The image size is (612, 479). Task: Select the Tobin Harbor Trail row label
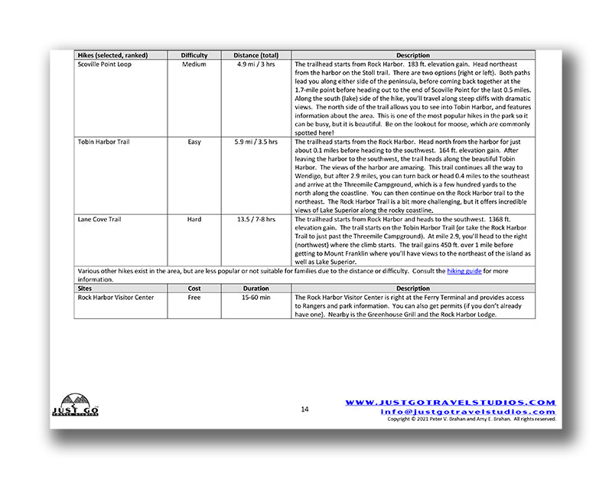pyautogui.click(x=104, y=142)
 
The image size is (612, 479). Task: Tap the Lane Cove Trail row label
pyautogui.click(x=99, y=220)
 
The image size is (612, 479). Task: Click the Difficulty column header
pyautogui.click(x=194, y=55)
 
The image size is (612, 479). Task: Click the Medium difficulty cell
pyautogui.click(x=194, y=64)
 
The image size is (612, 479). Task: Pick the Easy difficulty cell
pyautogui.click(x=194, y=142)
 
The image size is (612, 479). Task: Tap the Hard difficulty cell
pyautogui.click(x=194, y=220)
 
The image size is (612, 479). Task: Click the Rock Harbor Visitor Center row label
pyautogui.click(x=114, y=298)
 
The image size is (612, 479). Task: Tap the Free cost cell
pyautogui.click(x=194, y=298)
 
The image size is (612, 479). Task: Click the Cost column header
pyautogui.click(x=194, y=288)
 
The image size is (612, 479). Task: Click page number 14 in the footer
pyautogui.click(x=304, y=409)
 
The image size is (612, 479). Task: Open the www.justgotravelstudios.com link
pyautogui.click(x=450, y=402)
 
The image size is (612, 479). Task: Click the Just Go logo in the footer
pyautogui.click(x=75, y=406)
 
